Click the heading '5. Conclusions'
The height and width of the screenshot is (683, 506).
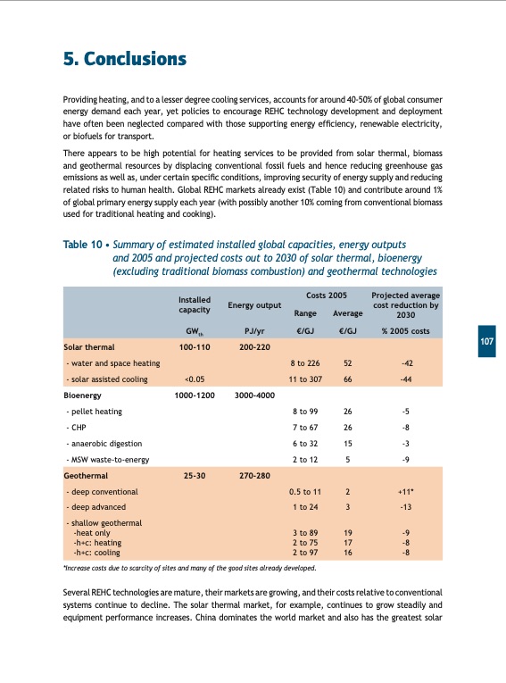pyautogui.click(x=124, y=59)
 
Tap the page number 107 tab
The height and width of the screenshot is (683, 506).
pyautogui.click(x=487, y=342)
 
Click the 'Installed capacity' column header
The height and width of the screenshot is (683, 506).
pyautogui.click(x=194, y=304)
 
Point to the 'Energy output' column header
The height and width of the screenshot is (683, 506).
pyautogui.click(x=256, y=305)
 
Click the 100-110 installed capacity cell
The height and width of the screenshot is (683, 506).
pyautogui.click(x=194, y=346)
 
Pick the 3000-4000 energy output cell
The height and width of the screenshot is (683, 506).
pyautogui.click(x=256, y=394)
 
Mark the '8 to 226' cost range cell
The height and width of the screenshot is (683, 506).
pyautogui.click(x=305, y=362)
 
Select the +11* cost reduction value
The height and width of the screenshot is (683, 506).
pyautogui.click(x=405, y=492)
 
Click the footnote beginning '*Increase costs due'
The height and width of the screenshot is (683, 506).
pyautogui.click(x=187, y=567)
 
